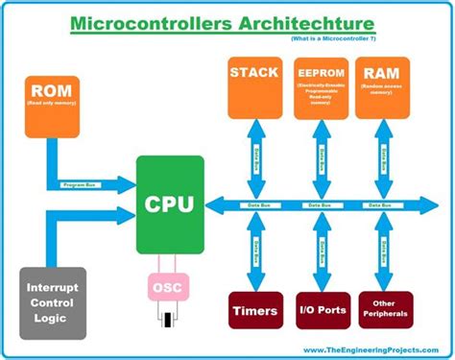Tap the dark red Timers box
[x=254, y=310]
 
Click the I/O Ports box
[x=320, y=310]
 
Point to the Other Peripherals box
[x=384, y=310]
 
